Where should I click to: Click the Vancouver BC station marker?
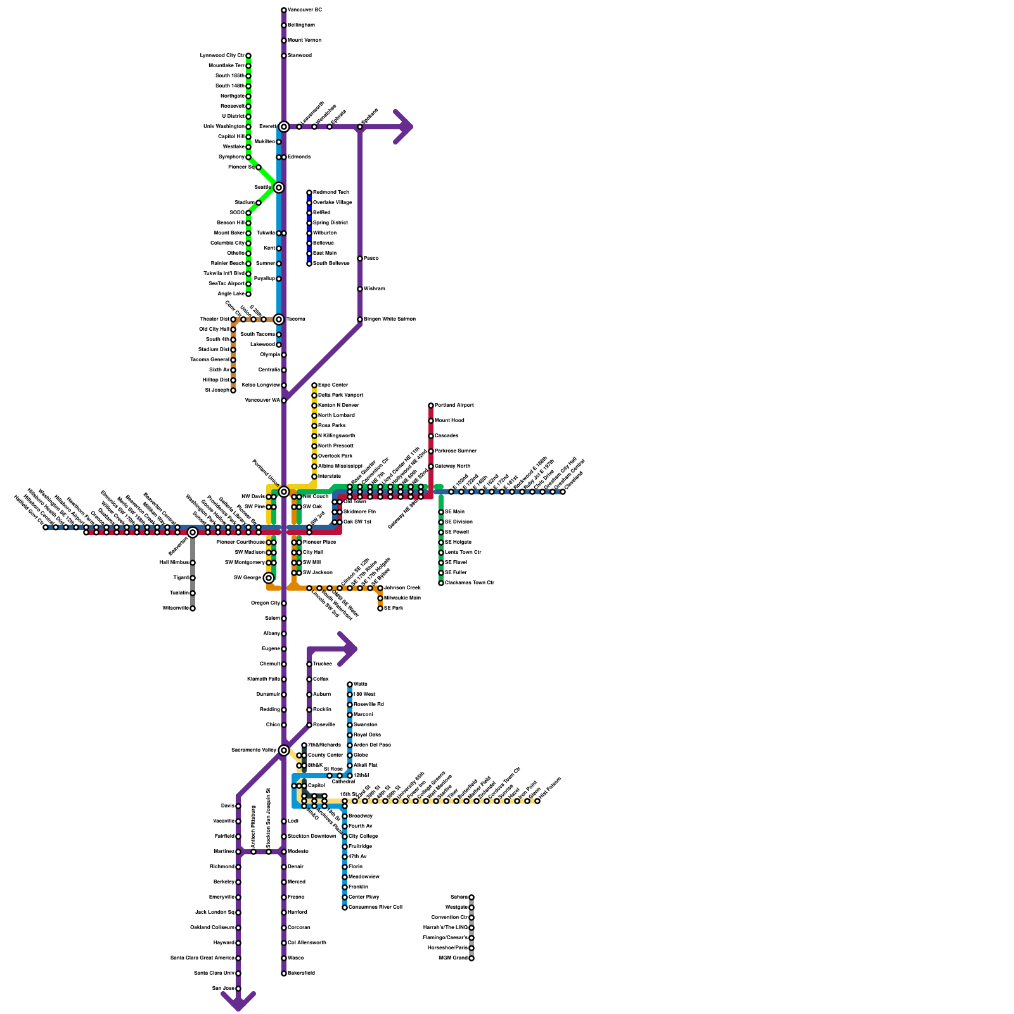tap(284, 10)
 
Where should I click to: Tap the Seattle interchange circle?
tap(278, 188)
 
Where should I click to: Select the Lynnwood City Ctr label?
tap(222, 56)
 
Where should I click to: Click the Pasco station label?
tap(371, 259)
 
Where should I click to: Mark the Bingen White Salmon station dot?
tap(360, 319)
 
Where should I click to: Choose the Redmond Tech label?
tap(331, 193)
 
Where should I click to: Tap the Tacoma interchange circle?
tap(278, 319)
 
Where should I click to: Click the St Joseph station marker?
tap(233, 390)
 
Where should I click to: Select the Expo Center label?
tap(333, 385)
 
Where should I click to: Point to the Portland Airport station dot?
tap(431, 406)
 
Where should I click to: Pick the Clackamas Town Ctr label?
tap(469, 583)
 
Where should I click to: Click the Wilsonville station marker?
tap(193, 608)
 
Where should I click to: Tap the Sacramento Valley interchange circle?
tap(284, 750)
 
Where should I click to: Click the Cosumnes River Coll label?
tap(375, 908)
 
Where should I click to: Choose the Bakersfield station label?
tap(301, 973)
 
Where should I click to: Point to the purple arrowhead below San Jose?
tap(238, 1001)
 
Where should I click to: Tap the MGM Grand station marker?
tap(472, 958)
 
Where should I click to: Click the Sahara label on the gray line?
tap(459, 897)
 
